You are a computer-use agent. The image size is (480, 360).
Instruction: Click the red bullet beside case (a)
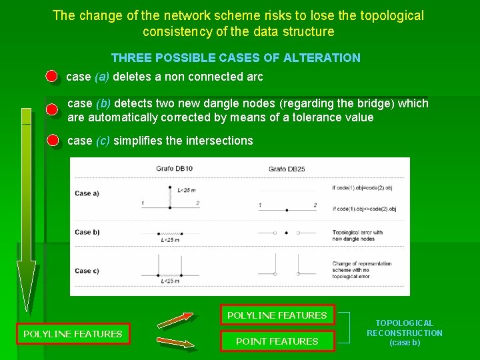pos(51,77)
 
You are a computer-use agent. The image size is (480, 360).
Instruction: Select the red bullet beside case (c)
pos(53,141)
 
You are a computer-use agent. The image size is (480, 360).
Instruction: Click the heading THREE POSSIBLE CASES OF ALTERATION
pos(235,58)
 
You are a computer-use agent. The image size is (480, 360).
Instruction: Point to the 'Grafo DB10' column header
pos(174,169)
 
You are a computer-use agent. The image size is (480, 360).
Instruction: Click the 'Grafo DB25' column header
pos(287,169)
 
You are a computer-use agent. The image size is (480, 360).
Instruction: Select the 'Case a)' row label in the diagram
pos(87,193)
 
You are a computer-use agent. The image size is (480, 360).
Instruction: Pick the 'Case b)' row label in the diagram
pos(87,232)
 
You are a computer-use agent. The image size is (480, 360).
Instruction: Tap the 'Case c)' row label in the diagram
pos(87,271)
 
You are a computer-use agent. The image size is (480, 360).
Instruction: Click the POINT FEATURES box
pos(277,341)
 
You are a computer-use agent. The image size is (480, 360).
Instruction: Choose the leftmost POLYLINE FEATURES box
pos(73,334)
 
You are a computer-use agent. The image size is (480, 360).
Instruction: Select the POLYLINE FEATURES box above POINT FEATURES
pos(277,315)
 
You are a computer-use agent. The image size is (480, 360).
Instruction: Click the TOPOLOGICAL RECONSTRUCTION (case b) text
pos(404,333)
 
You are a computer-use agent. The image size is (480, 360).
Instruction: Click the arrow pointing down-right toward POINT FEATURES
pos(176,343)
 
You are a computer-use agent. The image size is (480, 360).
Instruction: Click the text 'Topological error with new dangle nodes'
pos(357,235)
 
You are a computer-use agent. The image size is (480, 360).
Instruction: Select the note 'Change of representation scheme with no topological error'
pos(362,269)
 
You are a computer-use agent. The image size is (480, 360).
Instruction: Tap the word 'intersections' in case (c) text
pos(221,141)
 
